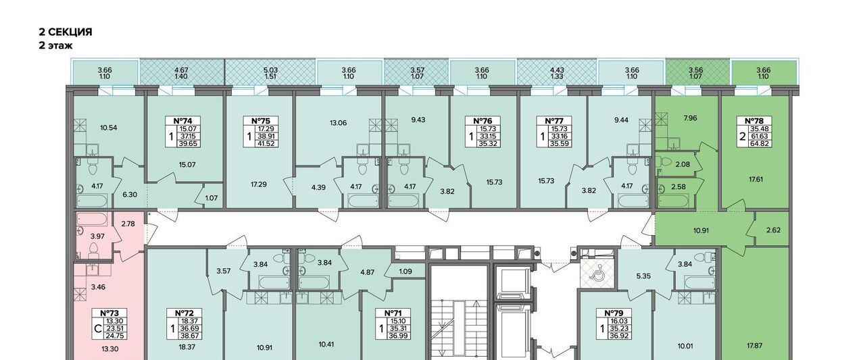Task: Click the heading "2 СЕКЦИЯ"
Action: (66, 32)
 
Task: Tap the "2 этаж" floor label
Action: (55, 45)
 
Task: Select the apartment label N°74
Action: (183, 121)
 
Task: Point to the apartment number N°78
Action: (753, 121)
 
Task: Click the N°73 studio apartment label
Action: (109, 313)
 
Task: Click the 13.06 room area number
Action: (339, 123)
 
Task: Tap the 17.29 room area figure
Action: (258, 184)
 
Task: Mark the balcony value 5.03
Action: (270, 70)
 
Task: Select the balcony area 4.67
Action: (181, 70)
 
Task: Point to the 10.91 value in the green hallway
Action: (701, 231)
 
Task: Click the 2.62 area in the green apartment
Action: (774, 230)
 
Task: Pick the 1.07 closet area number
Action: (212, 198)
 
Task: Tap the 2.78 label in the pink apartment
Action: (128, 224)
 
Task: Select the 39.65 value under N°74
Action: (188, 144)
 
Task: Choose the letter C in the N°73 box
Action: (98, 329)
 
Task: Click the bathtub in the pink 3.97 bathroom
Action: (93, 220)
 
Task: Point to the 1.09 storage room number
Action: (405, 272)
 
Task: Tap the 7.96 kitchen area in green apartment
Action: (690, 118)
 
